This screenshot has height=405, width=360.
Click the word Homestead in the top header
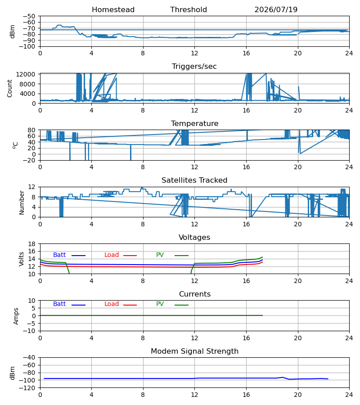coord(113,10)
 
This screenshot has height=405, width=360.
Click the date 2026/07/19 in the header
coord(276,10)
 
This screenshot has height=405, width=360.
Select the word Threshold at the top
coord(189,10)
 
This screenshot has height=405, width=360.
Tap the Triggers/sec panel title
coord(194,67)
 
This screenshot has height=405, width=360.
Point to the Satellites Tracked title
coord(194,180)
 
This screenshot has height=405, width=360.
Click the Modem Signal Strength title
coord(194,351)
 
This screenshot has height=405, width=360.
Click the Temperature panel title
coord(194,123)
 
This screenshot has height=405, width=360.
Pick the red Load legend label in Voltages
coord(112,255)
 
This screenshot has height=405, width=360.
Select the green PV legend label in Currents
coord(160,304)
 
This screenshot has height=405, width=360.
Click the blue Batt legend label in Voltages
coord(59,255)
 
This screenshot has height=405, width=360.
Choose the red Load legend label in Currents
coord(112,304)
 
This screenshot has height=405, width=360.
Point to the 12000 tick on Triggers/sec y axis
coord(26,74)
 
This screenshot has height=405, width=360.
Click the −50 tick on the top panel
coord(29,16)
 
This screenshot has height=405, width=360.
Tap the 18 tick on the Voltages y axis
coord(32,244)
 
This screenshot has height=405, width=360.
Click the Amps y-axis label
coord(16,316)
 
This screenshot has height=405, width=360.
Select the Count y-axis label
coord(10,89)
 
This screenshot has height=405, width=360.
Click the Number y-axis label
coord(22,203)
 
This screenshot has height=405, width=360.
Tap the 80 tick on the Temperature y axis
coord(32,130)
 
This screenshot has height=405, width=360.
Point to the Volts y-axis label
coord(22,259)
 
